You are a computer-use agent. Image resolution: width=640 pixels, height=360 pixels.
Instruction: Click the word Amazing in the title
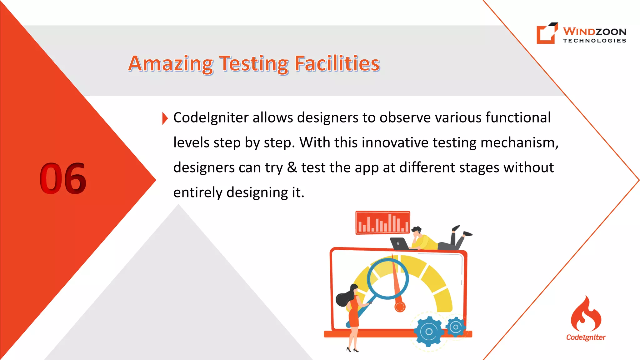pyautogui.click(x=170, y=64)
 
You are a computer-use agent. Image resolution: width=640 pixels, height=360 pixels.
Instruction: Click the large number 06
pyautogui.click(x=63, y=178)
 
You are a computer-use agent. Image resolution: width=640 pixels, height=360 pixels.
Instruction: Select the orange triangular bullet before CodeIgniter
pyautogui.click(x=165, y=118)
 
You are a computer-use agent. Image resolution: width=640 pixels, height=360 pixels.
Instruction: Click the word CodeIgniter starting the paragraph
pyautogui.click(x=211, y=118)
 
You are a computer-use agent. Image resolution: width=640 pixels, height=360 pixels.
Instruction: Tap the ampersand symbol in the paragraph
pyautogui.click(x=292, y=167)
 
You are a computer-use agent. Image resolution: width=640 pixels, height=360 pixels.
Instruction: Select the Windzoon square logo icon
pyautogui.click(x=547, y=33)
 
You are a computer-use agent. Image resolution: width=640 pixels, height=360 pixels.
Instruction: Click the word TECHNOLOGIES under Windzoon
pyautogui.click(x=594, y=41)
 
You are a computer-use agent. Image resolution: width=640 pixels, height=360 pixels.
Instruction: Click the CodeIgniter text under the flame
pyautogui.click(x=586, y=337)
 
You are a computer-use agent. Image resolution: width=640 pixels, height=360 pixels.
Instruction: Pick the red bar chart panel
pyautogui.click(x=383, y=222)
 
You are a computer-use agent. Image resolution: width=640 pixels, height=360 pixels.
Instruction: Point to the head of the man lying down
pyautogui.click(x=417, y=232)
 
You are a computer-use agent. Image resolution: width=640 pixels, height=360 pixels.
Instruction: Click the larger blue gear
pyautogui.click(x=429, y=332)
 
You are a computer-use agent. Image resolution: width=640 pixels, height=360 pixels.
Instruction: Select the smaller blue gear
pyautogui.click(x=456, y=327)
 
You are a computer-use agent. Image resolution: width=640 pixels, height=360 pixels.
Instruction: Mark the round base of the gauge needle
pyautogui.click(x=400, y=307)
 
